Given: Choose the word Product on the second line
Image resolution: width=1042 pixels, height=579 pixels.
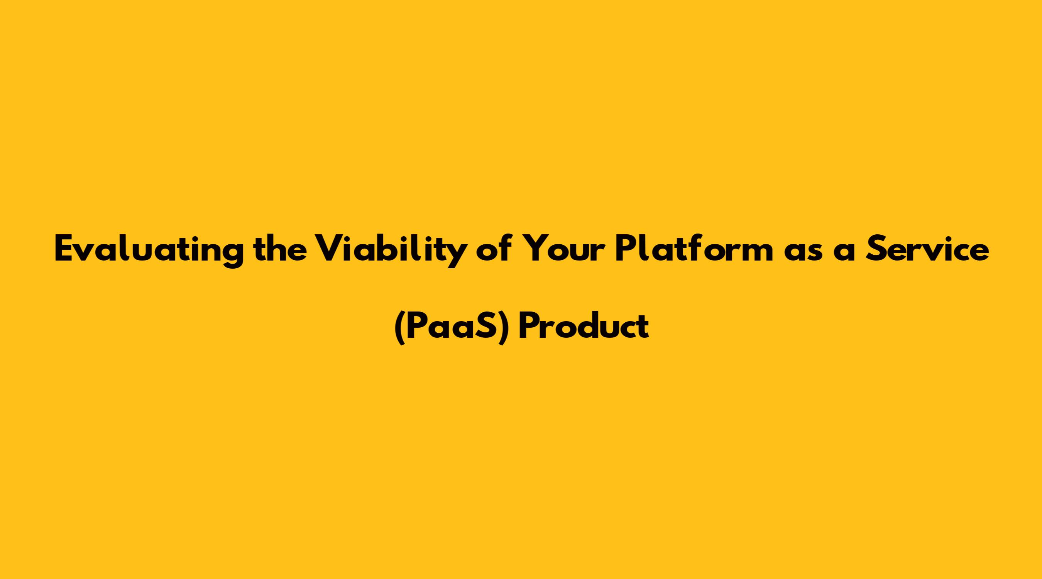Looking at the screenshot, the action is click(584, 326).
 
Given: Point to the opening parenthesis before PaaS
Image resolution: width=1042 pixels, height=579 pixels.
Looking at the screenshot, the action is click(400, 328).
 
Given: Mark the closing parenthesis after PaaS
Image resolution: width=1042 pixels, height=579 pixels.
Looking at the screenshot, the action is click(503, 328).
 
